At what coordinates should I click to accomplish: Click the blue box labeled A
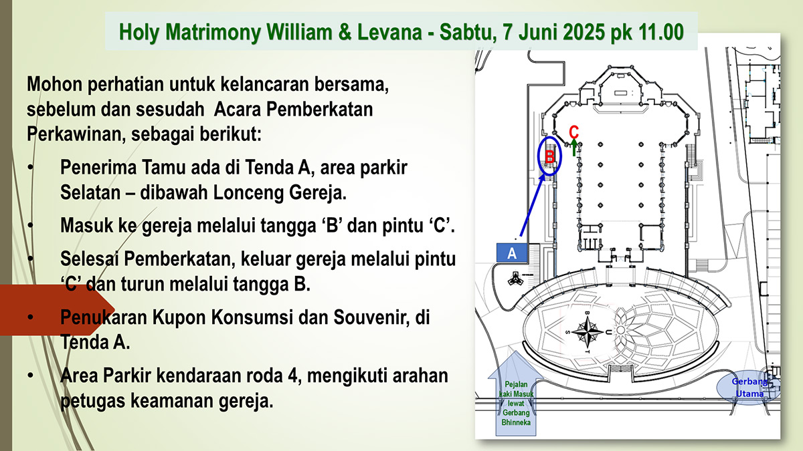click(512, 253)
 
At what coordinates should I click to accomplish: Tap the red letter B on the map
click(550, 157)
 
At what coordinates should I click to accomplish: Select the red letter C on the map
click(573, 132)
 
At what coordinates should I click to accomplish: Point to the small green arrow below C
click(574, 148)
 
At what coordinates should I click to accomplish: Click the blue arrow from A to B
click(533, 206)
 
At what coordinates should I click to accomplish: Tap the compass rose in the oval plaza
click(588, 332)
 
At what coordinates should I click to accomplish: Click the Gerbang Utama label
click(749, 388)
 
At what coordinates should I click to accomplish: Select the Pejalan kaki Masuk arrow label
click(516, 404)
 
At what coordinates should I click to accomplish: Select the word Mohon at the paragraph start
click(54, 84)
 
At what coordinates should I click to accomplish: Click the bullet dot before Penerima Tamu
click(31, 168)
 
